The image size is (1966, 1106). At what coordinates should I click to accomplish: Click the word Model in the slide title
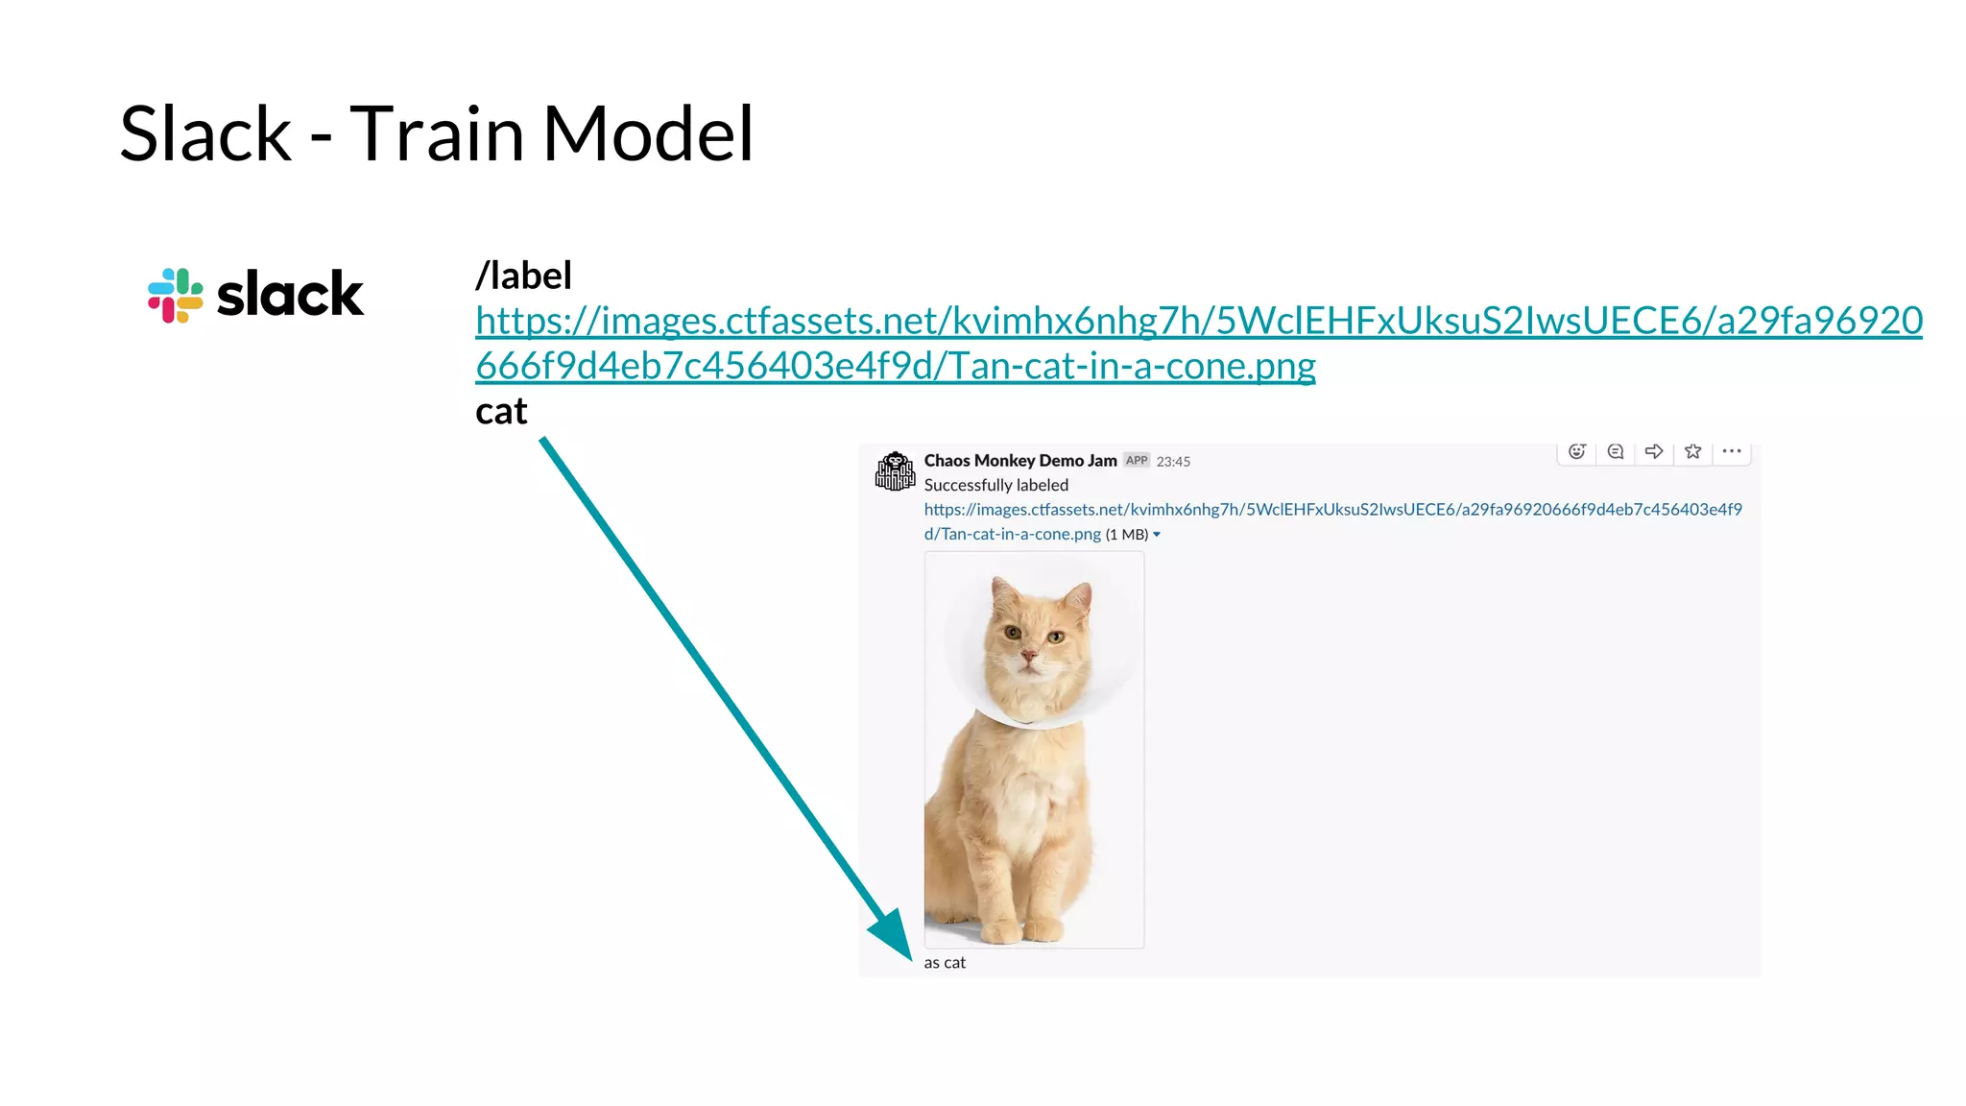649,133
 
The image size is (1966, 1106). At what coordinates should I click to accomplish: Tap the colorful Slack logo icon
176,295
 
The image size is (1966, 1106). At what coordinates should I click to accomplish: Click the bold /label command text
523,276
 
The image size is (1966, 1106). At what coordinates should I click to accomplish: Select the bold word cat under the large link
501,411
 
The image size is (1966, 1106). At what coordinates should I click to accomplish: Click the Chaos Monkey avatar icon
895,471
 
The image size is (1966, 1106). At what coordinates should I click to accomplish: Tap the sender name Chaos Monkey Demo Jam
1019,461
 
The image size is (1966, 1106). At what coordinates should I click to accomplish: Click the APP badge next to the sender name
1137,461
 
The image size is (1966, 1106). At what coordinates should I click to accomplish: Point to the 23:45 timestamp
1173,462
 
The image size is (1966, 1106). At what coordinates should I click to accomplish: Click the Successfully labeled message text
995,485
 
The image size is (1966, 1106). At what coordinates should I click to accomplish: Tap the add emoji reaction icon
1576,451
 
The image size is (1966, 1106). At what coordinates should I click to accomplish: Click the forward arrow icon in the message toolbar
1654,451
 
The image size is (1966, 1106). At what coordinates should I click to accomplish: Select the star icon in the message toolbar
1693,451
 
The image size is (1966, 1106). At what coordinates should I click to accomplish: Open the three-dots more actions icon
1732,451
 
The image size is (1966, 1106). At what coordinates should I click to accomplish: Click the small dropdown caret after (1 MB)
1157,535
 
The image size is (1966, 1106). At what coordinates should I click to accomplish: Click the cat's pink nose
1028,657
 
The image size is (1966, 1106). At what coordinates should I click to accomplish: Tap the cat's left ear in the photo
1004,589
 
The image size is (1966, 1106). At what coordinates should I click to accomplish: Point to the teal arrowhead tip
910,959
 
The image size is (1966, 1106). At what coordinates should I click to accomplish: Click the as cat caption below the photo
945,963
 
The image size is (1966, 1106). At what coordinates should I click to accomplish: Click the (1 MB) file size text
1126,535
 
